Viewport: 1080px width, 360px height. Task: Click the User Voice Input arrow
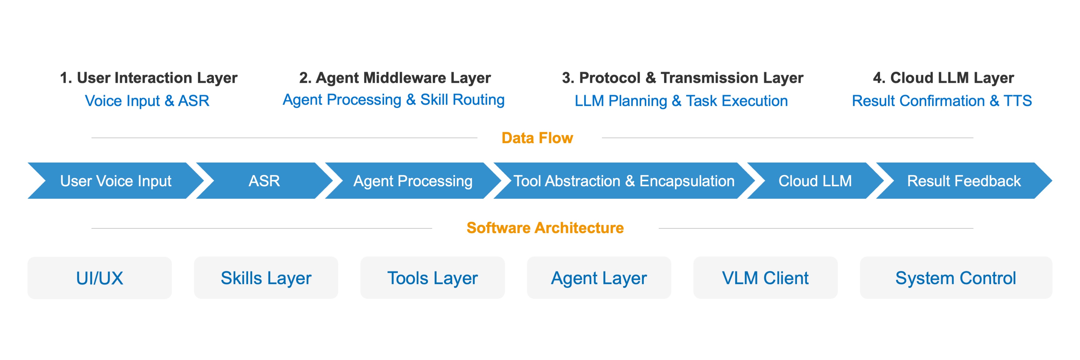pyautogui.click(x=116, y=181)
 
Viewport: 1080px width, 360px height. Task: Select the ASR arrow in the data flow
pyautogui.click(x=264, y=181)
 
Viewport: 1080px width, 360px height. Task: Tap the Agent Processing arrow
pyautogui.click(x=413, y=181)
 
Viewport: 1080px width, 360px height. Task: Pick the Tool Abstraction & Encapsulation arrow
pyautogui.click(x=624, y=181)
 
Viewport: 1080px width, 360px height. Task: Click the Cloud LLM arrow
pyautogui.click(x=815, y=181)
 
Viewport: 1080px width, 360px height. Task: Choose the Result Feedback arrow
pyautogui.click(x=964, y=181)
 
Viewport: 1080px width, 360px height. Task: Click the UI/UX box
pyautogui.click(x=100, y=278)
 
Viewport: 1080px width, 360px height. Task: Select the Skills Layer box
pyautogui.click(x=266, y=278)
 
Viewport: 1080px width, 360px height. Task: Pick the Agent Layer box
pyautogui.click(x=599, y=278)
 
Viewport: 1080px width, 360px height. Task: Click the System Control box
pyautogui.click(x=956, y=278)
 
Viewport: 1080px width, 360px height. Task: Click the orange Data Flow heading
pyautogui.click(x=537, y=138)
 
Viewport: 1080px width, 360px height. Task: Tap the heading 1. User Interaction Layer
pyautogui.click(x=149, y=78)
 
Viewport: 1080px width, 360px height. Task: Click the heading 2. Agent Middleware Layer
pyautogui.click(x=395, y=78)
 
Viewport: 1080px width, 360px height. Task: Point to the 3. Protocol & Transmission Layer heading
pyautogui.click(x=682, y=78)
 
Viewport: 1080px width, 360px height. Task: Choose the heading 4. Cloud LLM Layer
pyautogui.click(x=943, y=78)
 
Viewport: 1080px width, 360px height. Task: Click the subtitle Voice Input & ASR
pyautogui.click(x=147, y=101)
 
